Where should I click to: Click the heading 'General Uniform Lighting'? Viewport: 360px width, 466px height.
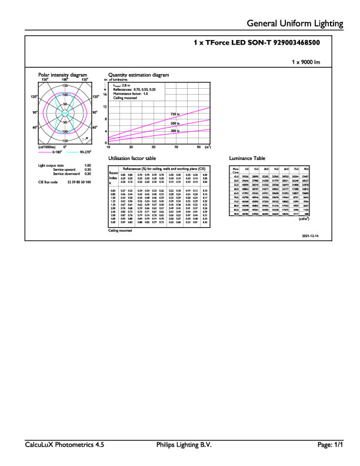click(295, 24)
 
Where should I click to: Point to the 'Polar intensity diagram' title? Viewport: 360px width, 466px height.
click(62, 75)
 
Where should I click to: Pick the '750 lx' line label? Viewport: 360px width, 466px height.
click(175, 114)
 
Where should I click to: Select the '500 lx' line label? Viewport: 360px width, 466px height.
click(175, 123)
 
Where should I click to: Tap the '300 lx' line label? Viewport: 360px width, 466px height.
click(175, 131)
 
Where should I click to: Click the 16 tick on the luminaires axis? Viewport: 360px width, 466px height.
click(105, 94)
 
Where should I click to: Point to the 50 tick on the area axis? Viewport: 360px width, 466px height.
click(154, 147)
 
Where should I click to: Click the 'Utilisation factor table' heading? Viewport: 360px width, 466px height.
click(132, 159)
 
